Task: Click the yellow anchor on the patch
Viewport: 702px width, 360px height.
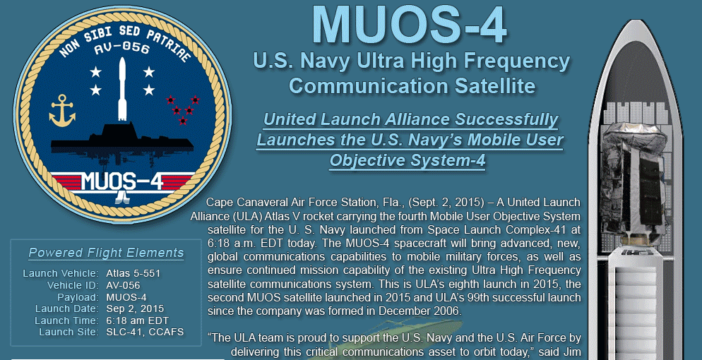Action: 61,110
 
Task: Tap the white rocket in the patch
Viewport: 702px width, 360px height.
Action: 122,89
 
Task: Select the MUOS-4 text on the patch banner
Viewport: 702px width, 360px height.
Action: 121,181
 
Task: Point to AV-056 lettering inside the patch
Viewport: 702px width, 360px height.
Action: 121,48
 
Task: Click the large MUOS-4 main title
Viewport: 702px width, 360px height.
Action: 410,25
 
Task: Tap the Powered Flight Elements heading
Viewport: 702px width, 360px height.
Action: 106,253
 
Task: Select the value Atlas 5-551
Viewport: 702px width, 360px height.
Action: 133,273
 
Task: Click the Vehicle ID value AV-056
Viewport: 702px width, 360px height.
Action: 123,285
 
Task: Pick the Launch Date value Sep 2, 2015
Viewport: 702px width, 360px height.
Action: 135,309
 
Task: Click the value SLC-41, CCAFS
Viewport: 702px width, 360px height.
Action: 145,332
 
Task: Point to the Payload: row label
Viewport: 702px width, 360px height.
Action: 78,297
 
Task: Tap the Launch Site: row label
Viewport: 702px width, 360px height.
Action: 69,332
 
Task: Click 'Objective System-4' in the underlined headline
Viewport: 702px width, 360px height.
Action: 407,160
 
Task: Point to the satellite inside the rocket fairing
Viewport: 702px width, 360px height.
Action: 633,184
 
